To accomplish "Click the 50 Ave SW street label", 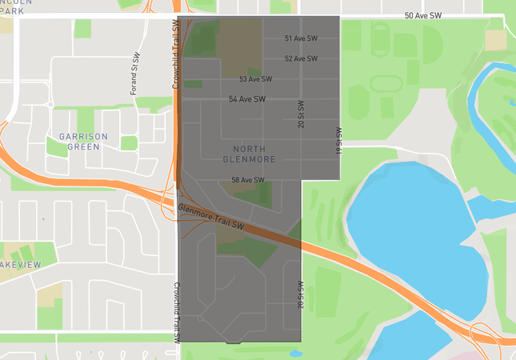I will (424, 15).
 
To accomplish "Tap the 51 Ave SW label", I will (301, 38).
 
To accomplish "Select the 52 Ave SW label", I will (301, 58).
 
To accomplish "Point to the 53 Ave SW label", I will (256, 79).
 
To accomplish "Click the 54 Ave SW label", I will (246, 99).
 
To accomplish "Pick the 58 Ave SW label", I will (248, 180).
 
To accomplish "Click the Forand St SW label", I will (136, 74).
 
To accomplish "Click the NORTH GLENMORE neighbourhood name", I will (254, 154).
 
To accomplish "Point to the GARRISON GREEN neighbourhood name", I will (78, 142).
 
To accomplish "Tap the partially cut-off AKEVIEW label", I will (20, 264).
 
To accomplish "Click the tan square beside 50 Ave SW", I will (495, 40).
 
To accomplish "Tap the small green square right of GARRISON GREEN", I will (129, 142).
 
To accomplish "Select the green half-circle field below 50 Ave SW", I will (432, 45).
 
